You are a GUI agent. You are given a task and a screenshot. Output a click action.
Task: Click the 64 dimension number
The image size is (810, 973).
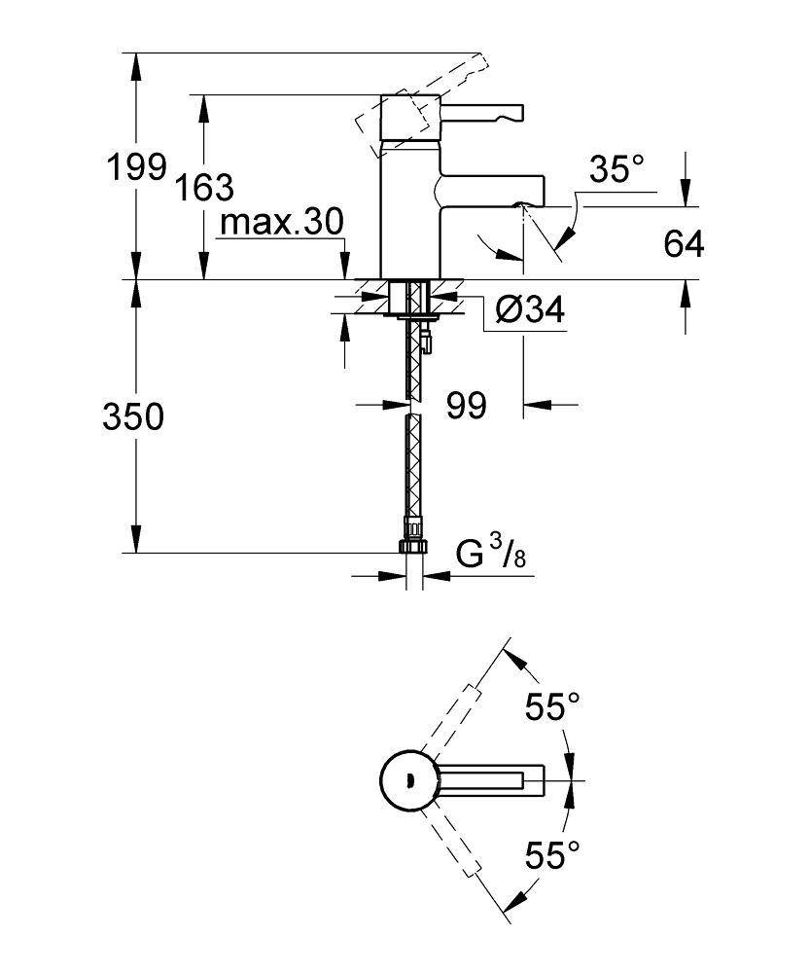[x=684, y=244]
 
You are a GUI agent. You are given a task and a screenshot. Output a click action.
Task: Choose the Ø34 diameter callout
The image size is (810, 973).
[x=529, y=310]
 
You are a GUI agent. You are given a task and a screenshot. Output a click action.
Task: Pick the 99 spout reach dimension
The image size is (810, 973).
[x=466, y=405]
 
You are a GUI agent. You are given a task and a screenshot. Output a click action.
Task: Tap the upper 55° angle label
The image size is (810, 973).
[x=552, y=706]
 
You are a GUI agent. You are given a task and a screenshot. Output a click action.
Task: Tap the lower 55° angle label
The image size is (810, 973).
[x=552, y=855]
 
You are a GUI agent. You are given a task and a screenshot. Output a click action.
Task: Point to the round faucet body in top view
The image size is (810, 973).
[x=407, y=780]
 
